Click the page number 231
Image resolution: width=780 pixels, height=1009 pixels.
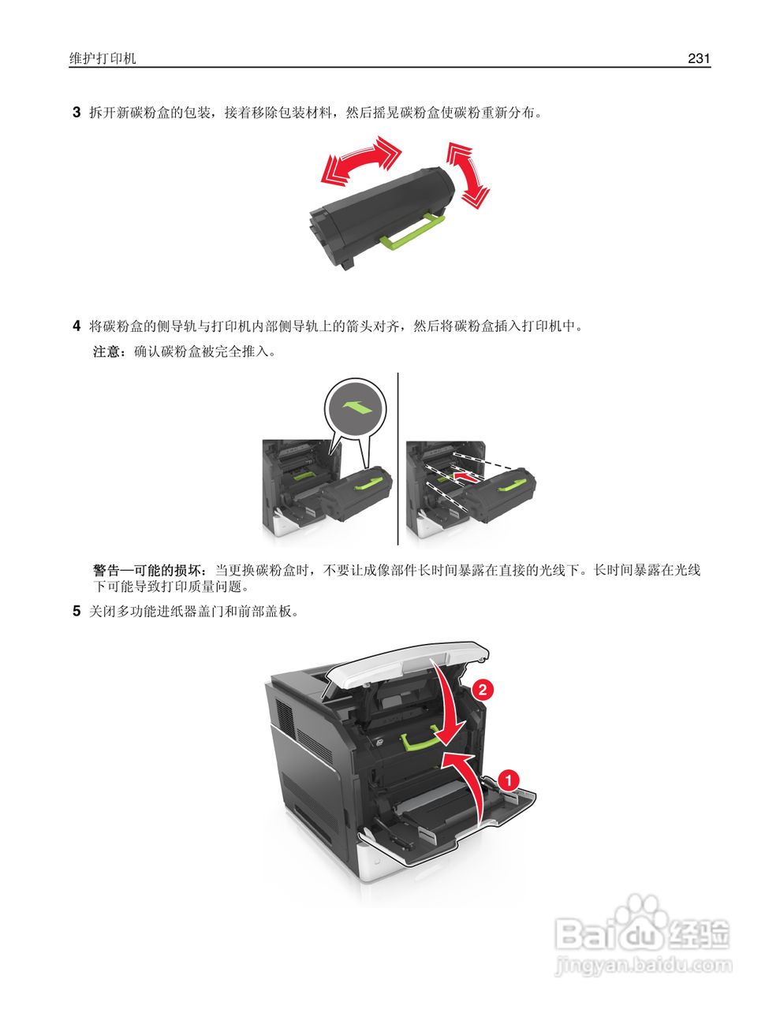[699, 58]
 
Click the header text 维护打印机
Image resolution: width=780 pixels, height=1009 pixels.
[103, 58]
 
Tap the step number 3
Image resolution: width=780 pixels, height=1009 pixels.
[77, 113]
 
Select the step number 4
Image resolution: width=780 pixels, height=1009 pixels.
[77, 326]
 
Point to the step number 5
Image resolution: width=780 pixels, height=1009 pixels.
[77, 611]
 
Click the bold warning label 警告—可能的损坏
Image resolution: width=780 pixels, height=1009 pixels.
[151, 570]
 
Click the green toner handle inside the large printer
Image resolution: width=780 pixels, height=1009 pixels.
[423, 739]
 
